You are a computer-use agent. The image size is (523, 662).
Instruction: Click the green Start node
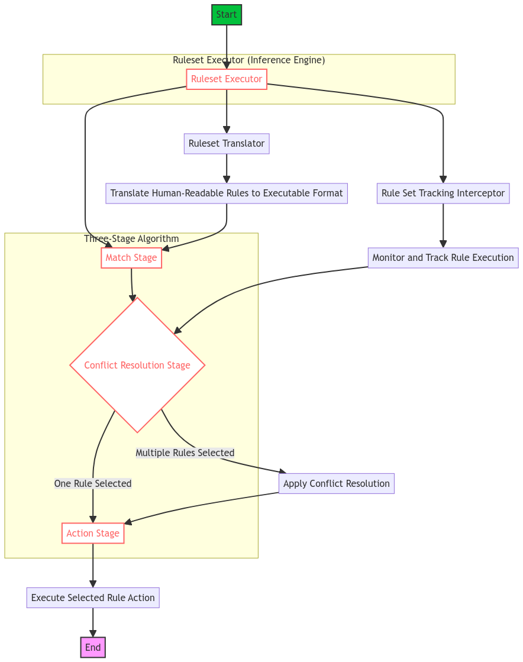(227, 15)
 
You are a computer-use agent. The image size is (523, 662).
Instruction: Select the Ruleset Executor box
(227, 79)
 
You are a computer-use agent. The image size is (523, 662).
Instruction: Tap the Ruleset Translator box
(227, 144)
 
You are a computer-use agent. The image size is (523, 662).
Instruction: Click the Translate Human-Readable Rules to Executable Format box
(227, 193)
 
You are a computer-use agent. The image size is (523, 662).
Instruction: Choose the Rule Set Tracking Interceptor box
(443, 193)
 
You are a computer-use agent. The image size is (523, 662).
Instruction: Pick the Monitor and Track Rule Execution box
(443, 258)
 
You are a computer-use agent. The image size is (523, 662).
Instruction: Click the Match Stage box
(131, 258)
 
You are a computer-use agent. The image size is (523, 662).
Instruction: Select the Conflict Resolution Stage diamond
(137, 365)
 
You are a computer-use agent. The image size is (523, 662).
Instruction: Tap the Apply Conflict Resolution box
(336, 484)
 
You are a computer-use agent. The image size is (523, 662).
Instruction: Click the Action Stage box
(93, 534)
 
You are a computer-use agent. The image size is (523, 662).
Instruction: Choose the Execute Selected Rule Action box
(93, 598)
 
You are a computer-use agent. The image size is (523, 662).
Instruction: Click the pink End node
(93, 648)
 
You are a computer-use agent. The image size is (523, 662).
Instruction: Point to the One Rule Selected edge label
(93, 484)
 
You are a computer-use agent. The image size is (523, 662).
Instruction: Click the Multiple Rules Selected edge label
(185, 453)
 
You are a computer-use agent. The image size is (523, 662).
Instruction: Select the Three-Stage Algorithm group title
(131, 239)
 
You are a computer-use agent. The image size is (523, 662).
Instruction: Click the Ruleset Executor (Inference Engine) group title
(248, 60)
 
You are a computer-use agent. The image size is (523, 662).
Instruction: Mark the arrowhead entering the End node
(93, 633)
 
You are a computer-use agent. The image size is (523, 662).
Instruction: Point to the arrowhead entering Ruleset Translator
(227, 130)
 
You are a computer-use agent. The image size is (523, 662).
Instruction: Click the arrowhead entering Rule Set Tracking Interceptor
(443, 179)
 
